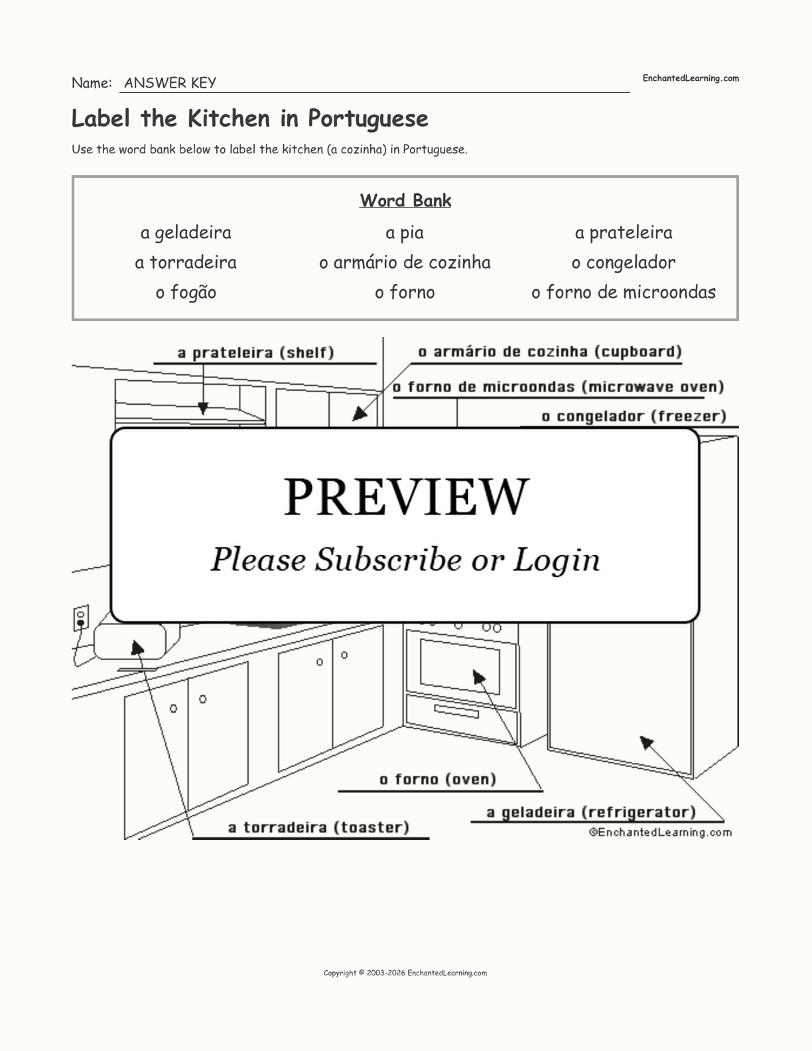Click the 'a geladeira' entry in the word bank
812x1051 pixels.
point(186,233)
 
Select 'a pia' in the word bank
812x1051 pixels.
point(404,233)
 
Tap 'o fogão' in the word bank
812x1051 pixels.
point(186,293)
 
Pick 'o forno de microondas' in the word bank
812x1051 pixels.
point(623,293)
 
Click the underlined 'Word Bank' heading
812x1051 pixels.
point(405,200)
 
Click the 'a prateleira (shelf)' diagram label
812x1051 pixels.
point(255,353)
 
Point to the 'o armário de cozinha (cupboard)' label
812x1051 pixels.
point(550,352)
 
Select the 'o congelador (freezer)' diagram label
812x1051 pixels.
point(634,417)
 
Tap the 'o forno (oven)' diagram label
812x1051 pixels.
point(438,780)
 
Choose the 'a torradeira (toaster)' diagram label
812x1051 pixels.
point(318,827)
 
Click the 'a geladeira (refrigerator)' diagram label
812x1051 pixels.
point(591,812)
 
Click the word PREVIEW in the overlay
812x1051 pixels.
point(406,496)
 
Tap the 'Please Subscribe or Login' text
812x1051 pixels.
point(405,560)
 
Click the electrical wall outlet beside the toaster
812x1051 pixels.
point(81,618)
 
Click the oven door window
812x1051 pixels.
point(460,666)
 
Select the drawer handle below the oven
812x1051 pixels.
point(456,711)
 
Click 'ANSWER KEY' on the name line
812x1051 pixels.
point(170,83)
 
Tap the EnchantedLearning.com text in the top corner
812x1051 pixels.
point(690,78)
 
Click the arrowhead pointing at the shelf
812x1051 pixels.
point(203,408)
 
